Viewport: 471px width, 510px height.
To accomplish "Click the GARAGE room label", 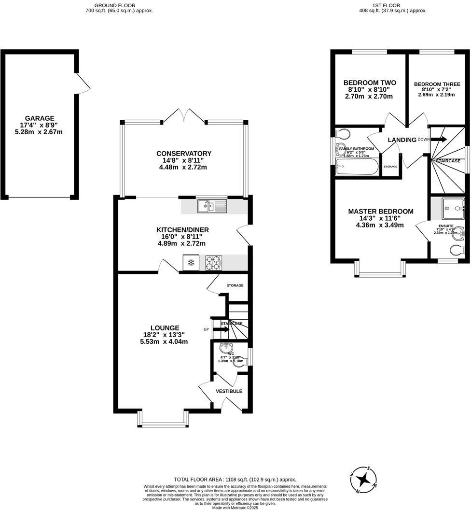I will point(40,118).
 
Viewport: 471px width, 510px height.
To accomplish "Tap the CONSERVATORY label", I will point(183,154).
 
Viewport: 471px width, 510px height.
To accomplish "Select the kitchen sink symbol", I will point(212,207).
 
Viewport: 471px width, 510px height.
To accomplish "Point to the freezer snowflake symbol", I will point(191,263).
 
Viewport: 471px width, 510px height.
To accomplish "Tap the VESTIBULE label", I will point(229,391).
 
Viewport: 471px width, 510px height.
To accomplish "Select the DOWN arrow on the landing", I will point(438,140).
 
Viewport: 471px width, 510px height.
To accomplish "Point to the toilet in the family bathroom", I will point(343,133).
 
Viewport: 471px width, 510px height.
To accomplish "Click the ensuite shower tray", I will point(453,207).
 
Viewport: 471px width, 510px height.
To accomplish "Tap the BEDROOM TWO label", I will point(369,83).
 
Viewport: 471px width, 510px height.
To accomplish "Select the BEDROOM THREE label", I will point(437,84).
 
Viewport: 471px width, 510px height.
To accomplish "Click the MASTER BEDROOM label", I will point(381,212).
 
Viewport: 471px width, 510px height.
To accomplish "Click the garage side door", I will point(83,84).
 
